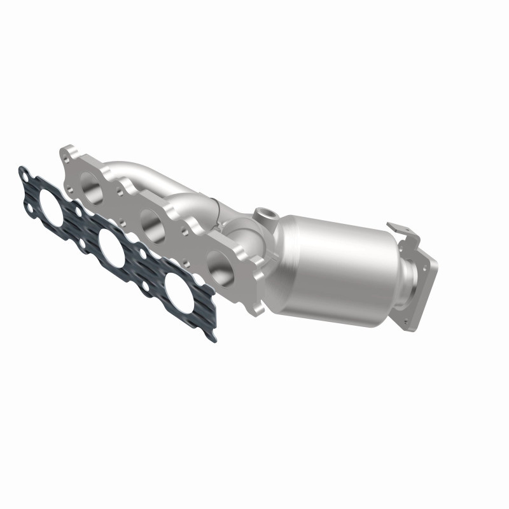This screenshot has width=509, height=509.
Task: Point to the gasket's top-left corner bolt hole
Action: coord(24,172)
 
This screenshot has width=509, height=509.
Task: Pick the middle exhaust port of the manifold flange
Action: coord(153,224)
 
